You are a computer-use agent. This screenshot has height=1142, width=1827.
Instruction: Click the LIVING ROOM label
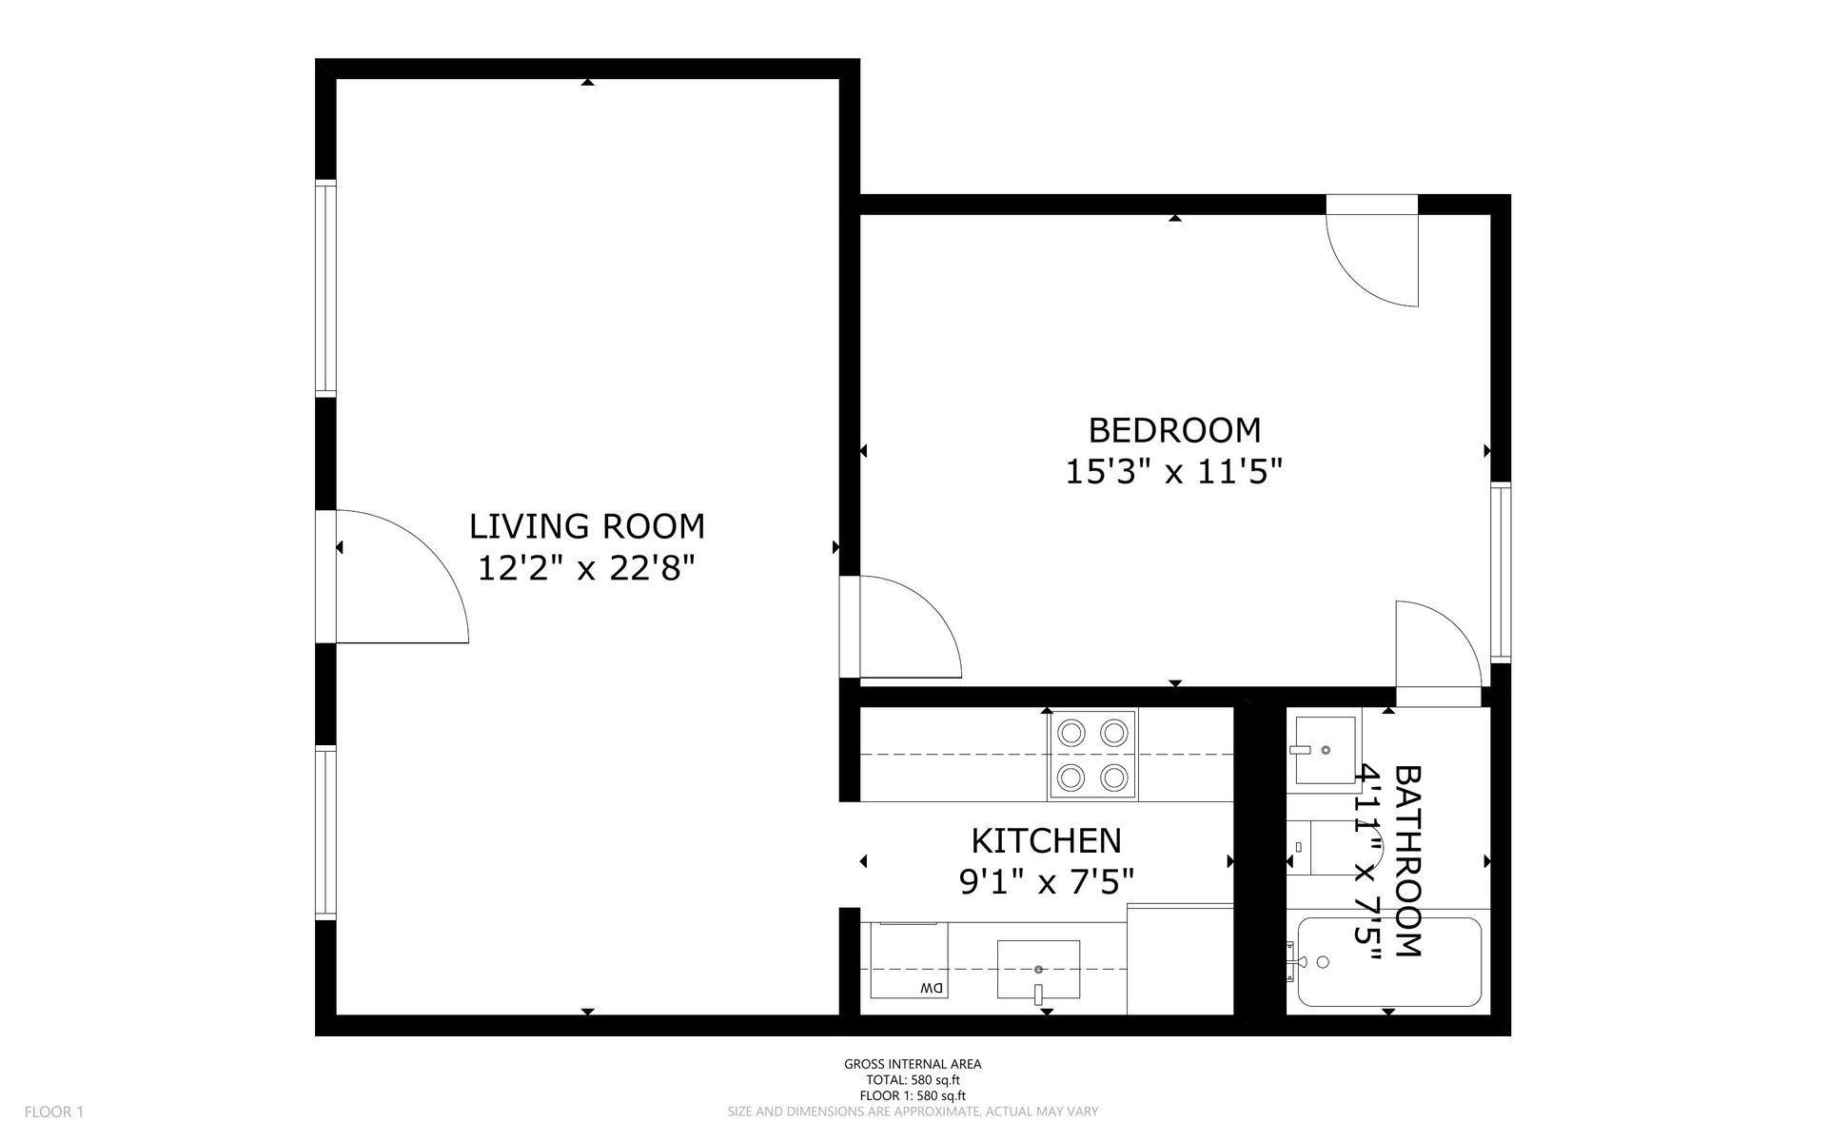(x=587, y=526)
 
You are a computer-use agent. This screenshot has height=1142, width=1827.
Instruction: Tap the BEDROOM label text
(x=1174, y=430)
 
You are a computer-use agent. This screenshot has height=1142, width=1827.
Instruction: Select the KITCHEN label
(x=1046, y=841)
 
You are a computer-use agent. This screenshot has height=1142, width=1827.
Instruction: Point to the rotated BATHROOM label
(x=1408, y=860)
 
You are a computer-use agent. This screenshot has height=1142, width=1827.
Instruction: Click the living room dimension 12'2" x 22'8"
(x=586, y=568)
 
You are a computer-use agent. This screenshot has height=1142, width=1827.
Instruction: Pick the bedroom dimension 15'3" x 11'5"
(x=1174, y=471)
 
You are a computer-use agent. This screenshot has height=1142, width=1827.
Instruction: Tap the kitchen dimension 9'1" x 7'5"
(x=1046, y=882)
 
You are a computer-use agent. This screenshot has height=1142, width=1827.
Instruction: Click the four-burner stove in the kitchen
(x=1092, y=755)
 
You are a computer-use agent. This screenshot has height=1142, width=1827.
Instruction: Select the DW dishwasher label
(x=932, y=989)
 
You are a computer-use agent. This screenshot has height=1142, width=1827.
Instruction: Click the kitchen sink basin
(x=1038, y=970)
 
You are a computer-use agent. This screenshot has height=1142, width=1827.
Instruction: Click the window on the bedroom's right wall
(x=1501, y=572)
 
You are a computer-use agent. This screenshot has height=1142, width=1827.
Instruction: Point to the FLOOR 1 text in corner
(x=54, y=1112)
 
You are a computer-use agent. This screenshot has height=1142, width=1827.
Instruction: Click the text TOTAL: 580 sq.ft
(x=913, y=1080)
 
